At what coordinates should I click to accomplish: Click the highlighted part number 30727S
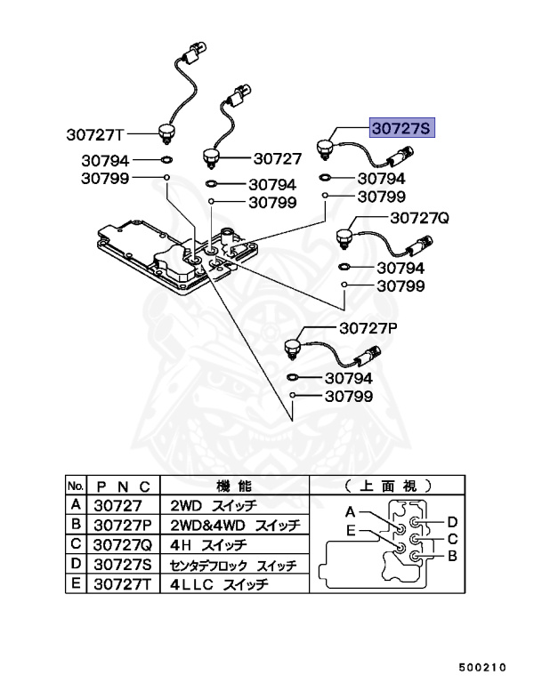(x=401, y=129)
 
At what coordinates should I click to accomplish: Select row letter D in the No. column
(x=76, y=565)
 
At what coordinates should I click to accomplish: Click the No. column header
(x=76, y=486)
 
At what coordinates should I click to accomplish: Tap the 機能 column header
(x=235, y=486)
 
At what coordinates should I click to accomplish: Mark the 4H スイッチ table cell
(x=210, y=544)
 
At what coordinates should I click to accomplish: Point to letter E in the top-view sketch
(x=352, y=532)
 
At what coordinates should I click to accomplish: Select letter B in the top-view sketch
(x=451, y=557)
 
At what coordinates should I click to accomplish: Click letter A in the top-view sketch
(x=351, y=512)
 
